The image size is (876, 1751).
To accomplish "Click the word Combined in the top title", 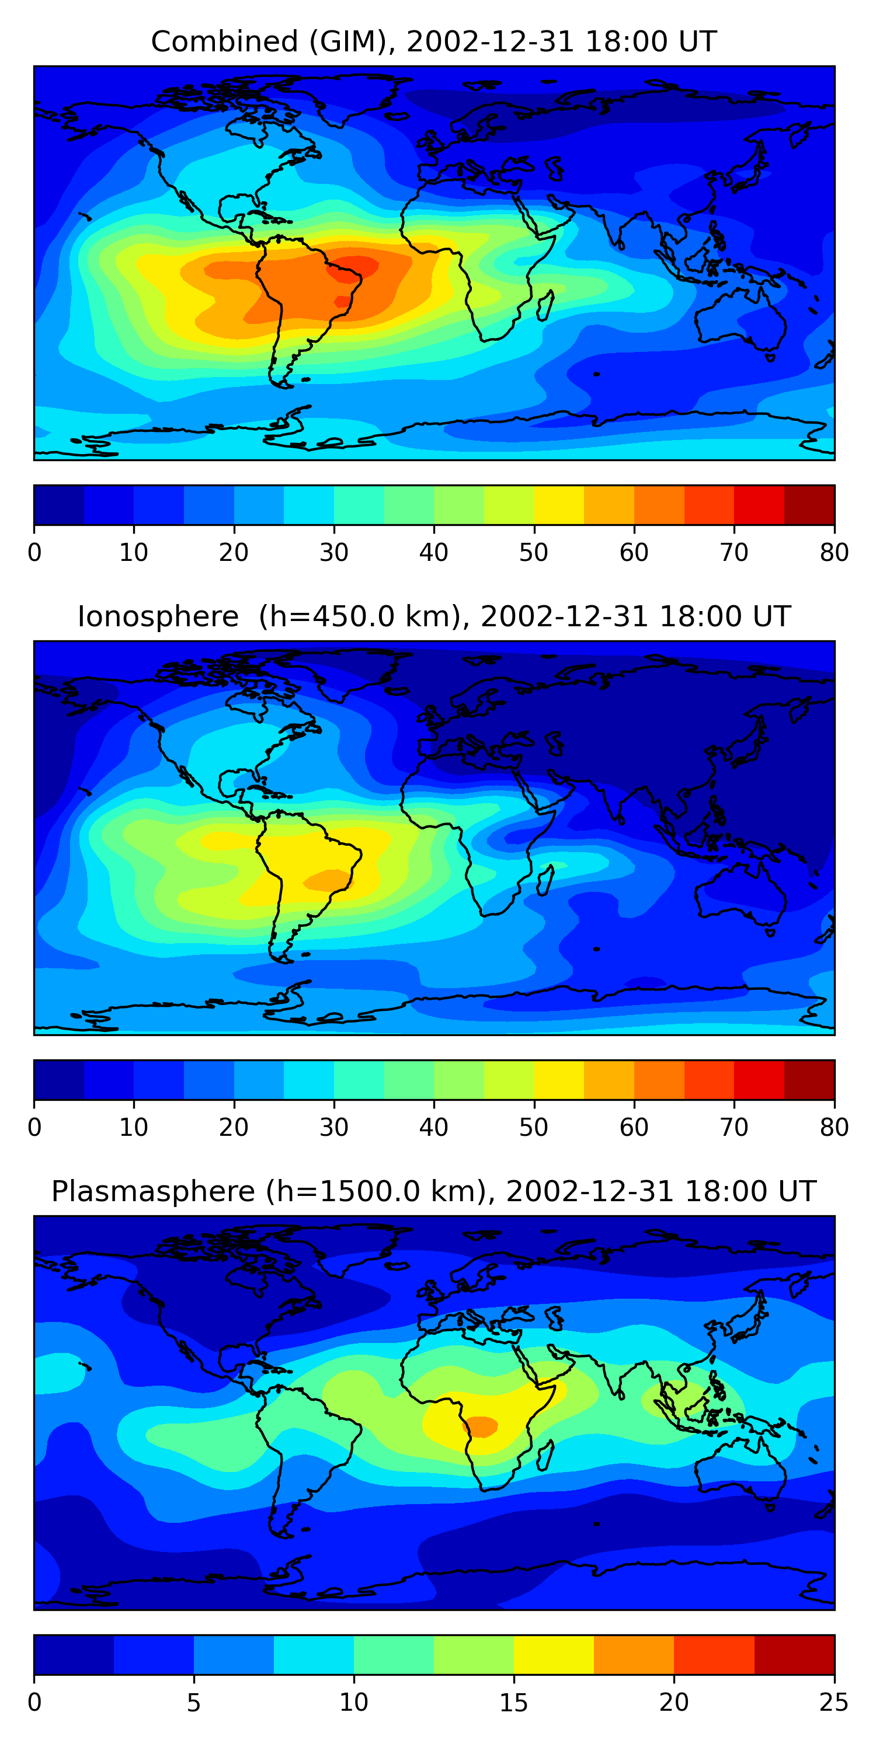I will pyautogui.click(x=224, y=41).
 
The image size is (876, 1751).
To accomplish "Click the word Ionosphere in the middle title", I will pyautogui.click(x=158, y=616).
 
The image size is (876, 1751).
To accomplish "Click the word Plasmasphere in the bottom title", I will pyautogui.click(x=152, y=1192).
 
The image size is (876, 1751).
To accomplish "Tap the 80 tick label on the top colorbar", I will pyautogui.click(x=834, y=552).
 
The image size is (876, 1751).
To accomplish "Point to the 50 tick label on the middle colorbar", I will pyautogui.click(x=533, y=1127).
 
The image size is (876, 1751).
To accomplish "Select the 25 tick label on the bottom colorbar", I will pyautogui.click(x=834, y=1702).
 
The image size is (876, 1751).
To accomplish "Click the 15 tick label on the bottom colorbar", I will pyautogui.click(x=513, y=1702).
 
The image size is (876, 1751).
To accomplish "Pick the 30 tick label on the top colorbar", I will pyautogui.click(x=334, y=552).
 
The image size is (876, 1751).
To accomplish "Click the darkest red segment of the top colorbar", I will pyautogui.click(x=809, y=505).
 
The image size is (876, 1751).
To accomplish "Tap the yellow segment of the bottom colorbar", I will pyautogui.click(x=554, y=1655).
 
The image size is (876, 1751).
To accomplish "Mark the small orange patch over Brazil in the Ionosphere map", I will pyautogui.click(x=328, y=881).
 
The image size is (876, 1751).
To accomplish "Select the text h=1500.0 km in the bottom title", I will pyautogui.click(x=376, y=1192).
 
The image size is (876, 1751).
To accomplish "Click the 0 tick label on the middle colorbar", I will pyautogui.click(x=34, y=1127).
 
